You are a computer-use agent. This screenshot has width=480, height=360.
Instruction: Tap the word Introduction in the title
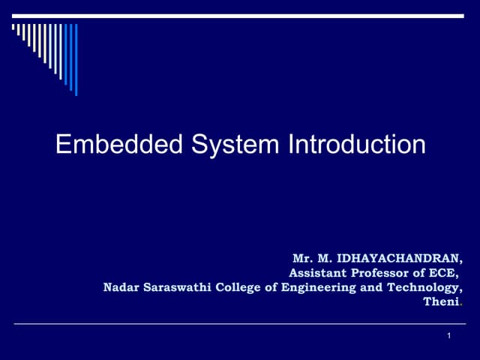pyautogui.click(x=356, y=144)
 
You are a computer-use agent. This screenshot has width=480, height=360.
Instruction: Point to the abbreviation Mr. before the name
pyautogui.click(x=303, y=259)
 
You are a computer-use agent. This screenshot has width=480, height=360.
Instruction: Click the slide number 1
pyautogui.click(x=448, y=335)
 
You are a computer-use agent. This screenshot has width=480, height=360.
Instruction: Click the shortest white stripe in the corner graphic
pyautogui.click(x=13, y=28)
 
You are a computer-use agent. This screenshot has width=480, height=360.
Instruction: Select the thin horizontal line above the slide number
pyautogui.click(x=240, y=324)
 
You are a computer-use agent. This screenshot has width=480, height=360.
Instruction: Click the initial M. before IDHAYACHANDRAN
pyautogui.click(x=324, y=259)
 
